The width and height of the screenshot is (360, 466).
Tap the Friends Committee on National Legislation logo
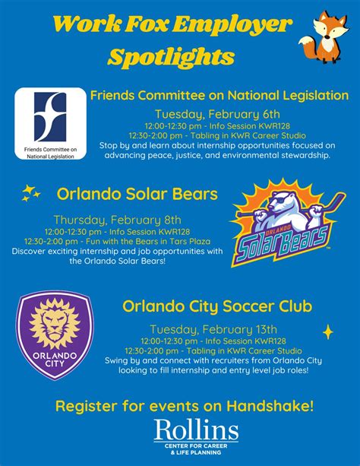click(50, 123)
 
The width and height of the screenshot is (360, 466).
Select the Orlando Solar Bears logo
click(282, 220)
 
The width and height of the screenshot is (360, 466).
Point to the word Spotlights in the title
click(171, 56)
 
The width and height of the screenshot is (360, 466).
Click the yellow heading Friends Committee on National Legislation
click(219, 96)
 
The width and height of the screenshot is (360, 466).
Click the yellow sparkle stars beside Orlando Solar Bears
click(30, 192)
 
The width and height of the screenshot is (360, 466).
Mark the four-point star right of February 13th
click(328, 331)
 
